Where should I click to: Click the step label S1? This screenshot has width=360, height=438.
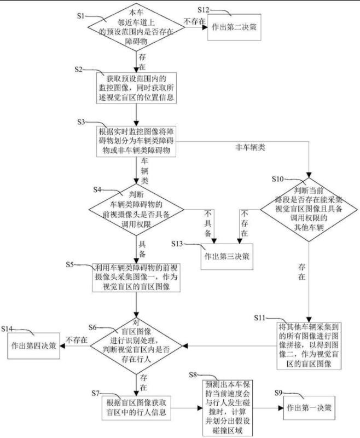(x=80, y=15)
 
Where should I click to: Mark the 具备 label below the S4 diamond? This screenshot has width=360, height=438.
(x=143, y=247)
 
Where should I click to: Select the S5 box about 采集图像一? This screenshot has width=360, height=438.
(x=136, y=277)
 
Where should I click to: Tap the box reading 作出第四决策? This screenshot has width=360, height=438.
(x=34, y=346)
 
